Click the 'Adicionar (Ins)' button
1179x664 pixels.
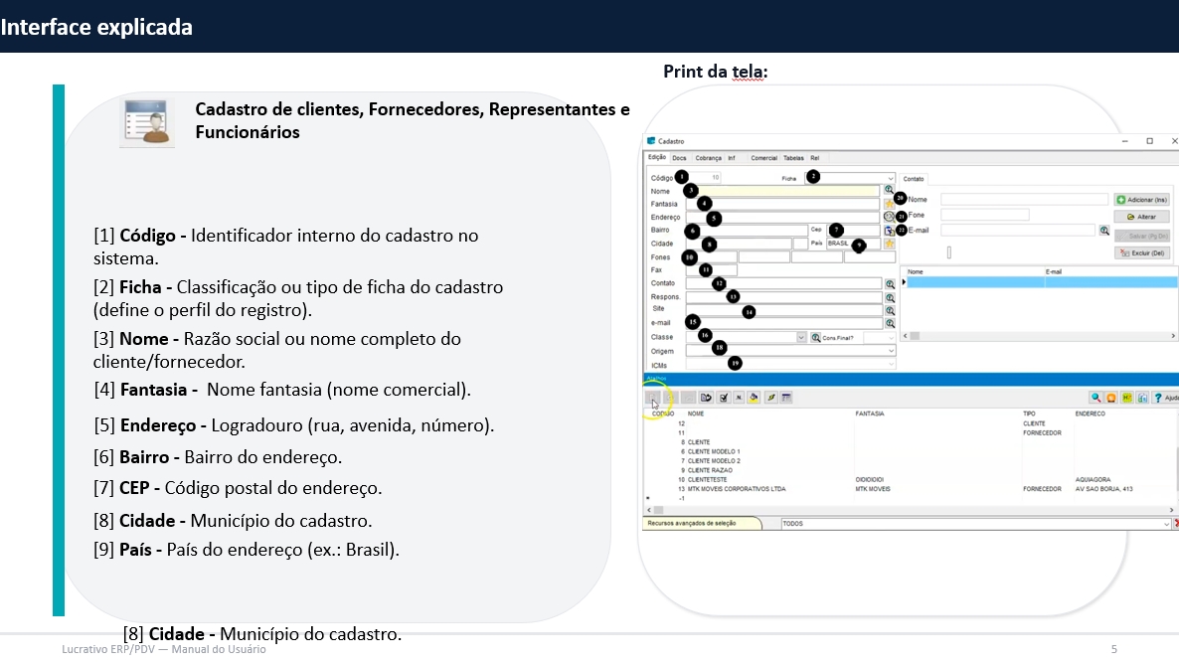(1141, 200)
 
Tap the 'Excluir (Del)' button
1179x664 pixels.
(1141, 253)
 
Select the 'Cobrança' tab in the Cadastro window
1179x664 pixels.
(708, 158)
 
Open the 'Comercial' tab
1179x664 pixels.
(763, 158)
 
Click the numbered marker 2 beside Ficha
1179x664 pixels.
(812, 177)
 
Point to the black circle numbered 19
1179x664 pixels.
(735, 364)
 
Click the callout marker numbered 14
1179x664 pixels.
(749, 311)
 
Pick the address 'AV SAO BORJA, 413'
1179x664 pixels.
(1103, 489)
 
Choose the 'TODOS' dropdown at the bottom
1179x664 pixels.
(974, 523)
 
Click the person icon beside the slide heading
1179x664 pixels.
(148, 123)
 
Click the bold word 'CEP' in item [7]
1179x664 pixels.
(134, 488)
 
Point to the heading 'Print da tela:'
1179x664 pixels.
(716, 72)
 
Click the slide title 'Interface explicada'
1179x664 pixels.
(96, 27)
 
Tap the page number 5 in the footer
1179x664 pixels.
(1113, 649)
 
